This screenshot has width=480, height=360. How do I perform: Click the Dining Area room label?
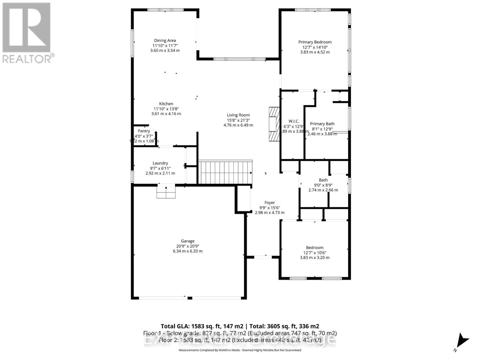click(x=165, y=40)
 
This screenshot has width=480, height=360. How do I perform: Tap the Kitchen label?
click(x=166, y=104)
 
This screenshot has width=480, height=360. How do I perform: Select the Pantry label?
click(x=144, y=131)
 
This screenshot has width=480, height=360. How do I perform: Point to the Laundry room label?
click(x=160, y=163)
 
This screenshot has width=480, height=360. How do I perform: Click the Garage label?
click(x=188, y=241)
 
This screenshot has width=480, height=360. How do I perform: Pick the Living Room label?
click(x=238, y=115)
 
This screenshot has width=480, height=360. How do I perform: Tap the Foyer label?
click(x=270, y=202)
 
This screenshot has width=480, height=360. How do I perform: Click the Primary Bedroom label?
click(x=315, y=42)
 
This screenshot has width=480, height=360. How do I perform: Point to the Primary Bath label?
click(x=322, y=124)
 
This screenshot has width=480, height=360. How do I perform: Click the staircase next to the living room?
click(x=225, y=172)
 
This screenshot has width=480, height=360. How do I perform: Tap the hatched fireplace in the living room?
click(x=274, y=124)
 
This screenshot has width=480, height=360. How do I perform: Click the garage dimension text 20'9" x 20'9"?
click(x=188, y=246)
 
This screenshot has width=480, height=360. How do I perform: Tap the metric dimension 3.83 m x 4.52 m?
click(x=315, y=52)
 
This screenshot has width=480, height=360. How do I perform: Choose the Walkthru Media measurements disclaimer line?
click(x=240, y=350)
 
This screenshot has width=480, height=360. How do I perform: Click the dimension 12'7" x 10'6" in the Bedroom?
click(x=315, y=253)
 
